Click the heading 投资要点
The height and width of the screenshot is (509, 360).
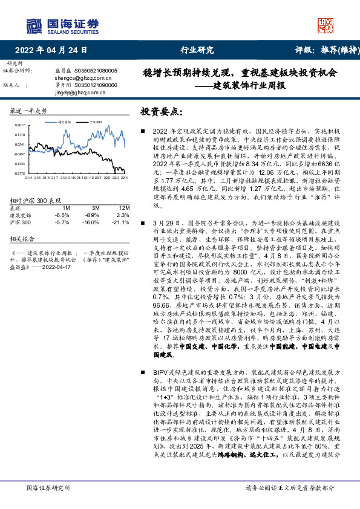(x=161, y=112)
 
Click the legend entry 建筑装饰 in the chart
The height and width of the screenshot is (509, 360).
(x=65, y=122)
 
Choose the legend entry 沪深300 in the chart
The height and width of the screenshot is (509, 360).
(x=95, y=122)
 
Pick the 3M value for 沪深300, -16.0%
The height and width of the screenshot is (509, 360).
(x=91, y=222)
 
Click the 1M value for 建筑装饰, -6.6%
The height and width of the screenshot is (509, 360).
(x=62, y=215)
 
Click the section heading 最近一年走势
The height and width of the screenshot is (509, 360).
(x=29, y=111)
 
